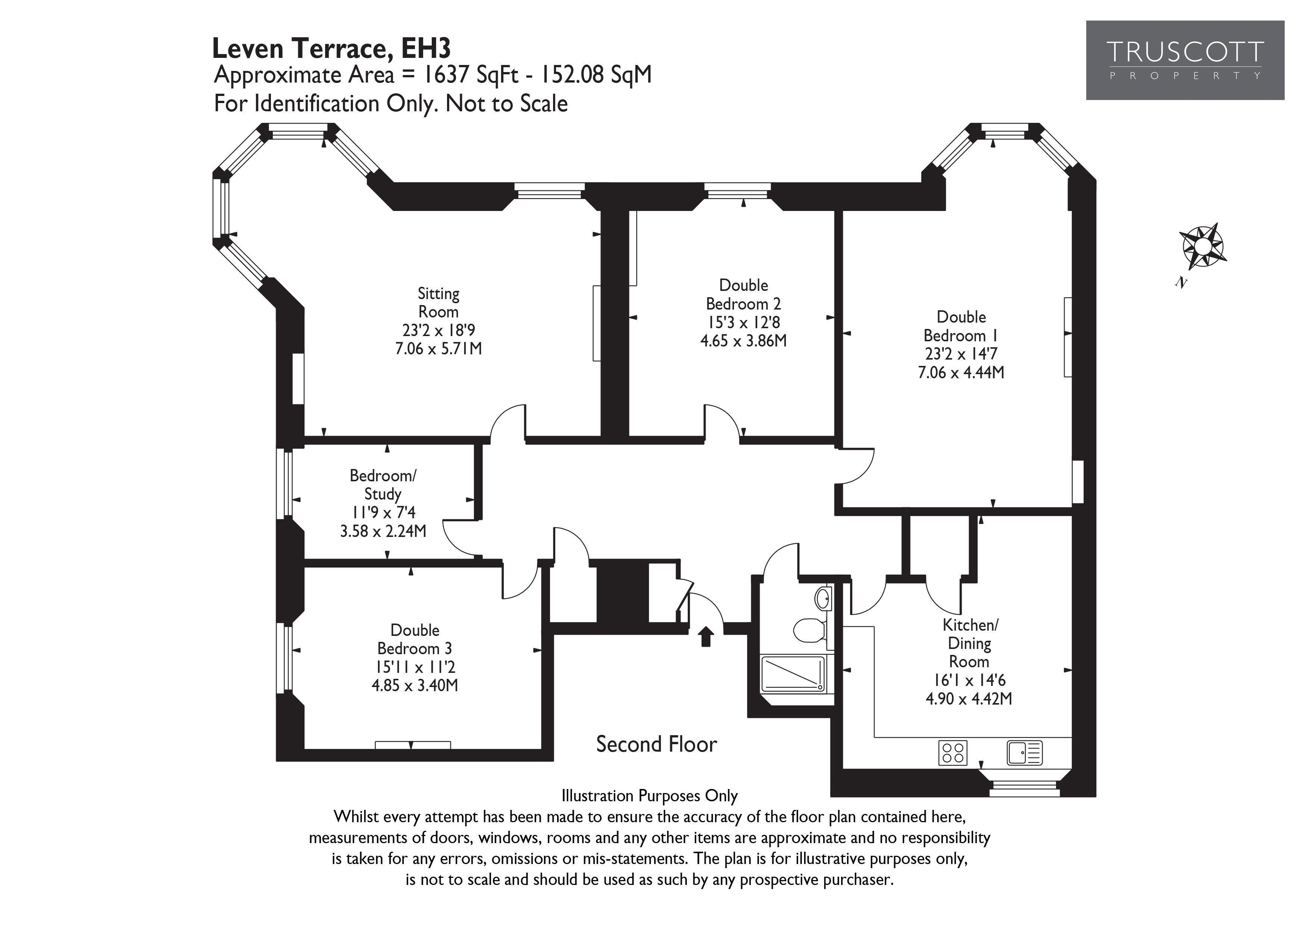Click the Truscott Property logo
point(1185,60)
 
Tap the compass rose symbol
point(1203,246)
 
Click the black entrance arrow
point(706,636)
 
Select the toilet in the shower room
point(809,630)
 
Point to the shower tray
point(793,674)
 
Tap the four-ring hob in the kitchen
point(953,752)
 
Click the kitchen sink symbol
point(1025,752)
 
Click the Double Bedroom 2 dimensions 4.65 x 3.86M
point(743,341)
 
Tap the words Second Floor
point(656,744)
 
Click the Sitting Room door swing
point(508,422)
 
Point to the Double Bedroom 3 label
point(415,639)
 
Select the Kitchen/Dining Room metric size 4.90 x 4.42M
point(969,698)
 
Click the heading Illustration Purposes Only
point(649,795)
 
